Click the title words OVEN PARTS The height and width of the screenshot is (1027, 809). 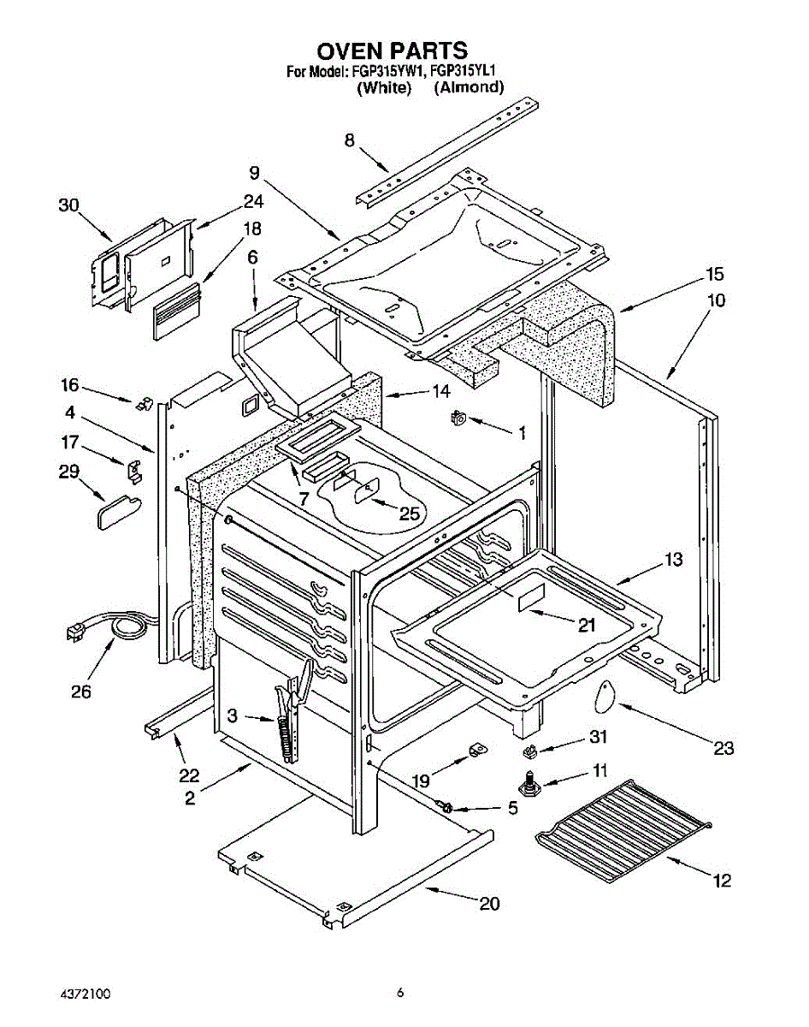click(x=392, y=50)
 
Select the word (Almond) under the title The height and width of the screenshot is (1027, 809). click(x=468, y=87)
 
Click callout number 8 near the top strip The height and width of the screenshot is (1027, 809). click(x=350, y=140)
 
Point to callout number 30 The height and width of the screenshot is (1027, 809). click(x=68, y=205)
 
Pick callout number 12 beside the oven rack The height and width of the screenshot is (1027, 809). click(x=723, y=881)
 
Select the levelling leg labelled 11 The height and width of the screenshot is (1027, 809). click(x=529, y=787)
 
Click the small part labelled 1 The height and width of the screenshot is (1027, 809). click(x=458, y=418)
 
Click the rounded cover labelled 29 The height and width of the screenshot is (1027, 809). click(x=119, y=512)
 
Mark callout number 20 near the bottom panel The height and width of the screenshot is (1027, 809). click(x=489, y=904)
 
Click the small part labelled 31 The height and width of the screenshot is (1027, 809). click(x=529, y=752)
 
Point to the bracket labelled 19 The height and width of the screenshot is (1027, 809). click(x=478, y=750)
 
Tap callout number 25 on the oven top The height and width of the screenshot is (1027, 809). click(x=410, y=513)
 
